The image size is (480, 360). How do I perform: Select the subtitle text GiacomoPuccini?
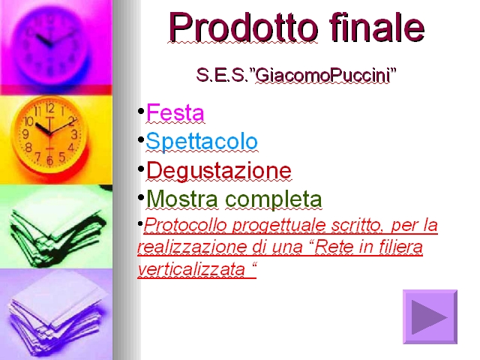click(322, 75)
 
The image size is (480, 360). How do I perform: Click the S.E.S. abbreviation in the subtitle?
click(222, 75)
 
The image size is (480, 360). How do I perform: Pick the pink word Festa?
click(175, 112)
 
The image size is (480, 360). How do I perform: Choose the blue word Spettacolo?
click(202, 142)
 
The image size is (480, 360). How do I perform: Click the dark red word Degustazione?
click(219, 170)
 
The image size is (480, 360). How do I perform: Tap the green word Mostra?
click(182, 199)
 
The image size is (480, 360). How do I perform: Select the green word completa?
click(274, 199)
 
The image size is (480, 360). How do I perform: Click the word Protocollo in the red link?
click(186, 225)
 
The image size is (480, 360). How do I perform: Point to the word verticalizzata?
click(192, 269)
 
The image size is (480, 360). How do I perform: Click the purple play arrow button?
click(430, 316)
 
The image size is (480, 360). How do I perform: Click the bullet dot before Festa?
click(141, 111)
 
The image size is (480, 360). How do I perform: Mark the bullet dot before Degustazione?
click(141, 169)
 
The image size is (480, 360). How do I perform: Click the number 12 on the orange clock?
click(50, 108)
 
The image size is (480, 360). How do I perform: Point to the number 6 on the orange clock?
click(49, 160)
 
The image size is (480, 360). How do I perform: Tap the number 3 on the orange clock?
click(74, 134)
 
